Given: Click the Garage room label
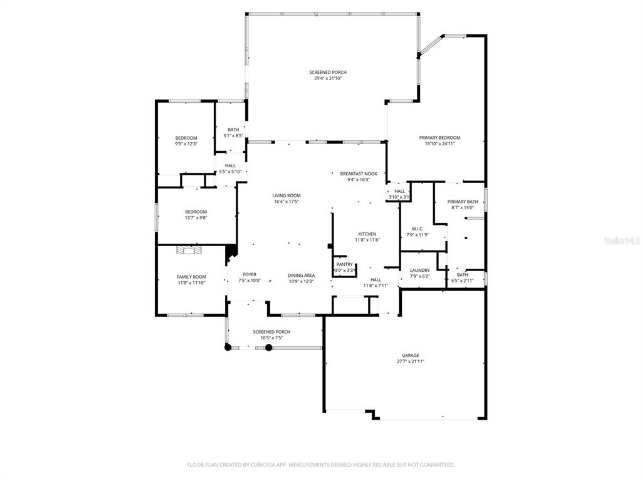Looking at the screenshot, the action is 410,356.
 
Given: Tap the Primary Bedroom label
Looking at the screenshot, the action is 439,138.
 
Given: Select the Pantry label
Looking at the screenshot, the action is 344,265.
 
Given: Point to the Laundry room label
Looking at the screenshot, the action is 419,271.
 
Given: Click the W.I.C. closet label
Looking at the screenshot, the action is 417,229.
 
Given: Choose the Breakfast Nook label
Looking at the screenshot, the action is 359,174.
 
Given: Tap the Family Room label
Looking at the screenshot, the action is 191,277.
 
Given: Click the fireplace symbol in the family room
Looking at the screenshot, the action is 189,249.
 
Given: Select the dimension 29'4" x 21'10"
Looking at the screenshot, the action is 327,78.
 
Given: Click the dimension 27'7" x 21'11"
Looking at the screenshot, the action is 410,361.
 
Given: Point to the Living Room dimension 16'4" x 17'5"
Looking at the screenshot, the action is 286,202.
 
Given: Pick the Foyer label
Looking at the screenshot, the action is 250,275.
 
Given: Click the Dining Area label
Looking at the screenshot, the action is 302,276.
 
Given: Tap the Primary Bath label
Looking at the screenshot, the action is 463,202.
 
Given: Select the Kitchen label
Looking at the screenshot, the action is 367,234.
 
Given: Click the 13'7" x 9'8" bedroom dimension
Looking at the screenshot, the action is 196,217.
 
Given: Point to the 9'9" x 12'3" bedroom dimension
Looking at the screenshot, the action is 186,144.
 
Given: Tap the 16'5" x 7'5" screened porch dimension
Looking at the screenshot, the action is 271,338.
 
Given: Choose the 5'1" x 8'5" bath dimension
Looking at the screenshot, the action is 233,136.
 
